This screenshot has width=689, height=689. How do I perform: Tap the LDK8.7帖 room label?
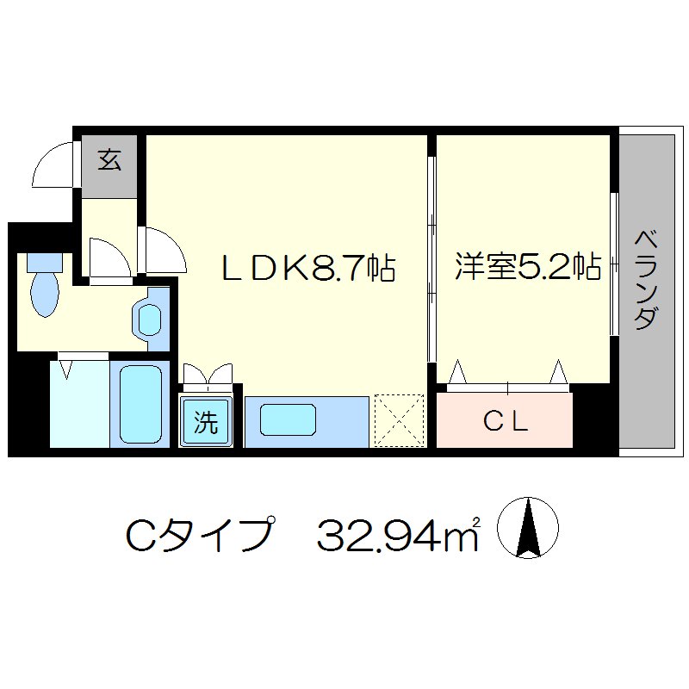(x=308, y=269)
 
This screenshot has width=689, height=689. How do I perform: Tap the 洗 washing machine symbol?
(x=205, y=422)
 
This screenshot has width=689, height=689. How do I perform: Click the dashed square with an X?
(x=400, y=420)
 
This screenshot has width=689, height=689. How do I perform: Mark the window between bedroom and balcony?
(x=614, y=263)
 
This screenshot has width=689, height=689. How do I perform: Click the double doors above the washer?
(x=207, y=375)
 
